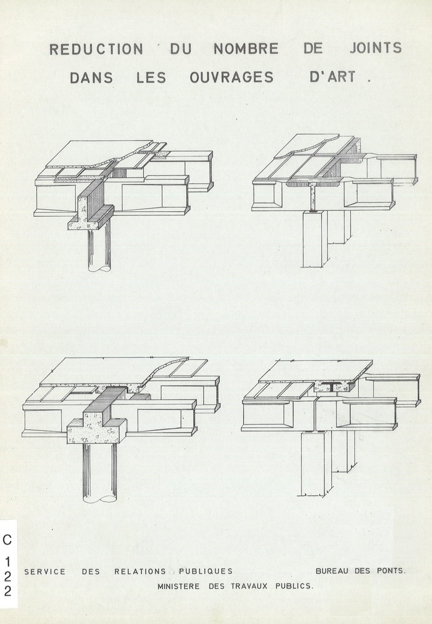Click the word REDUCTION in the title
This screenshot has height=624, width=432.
(96, 49)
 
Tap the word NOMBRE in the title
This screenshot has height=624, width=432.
(246, 49)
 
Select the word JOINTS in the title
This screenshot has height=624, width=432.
(376, 47)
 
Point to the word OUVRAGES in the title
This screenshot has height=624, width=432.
(232, 77)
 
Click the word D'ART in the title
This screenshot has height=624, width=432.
(333, 76)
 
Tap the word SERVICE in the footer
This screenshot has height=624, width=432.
(45, 572)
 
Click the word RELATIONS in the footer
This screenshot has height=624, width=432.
(140, 572)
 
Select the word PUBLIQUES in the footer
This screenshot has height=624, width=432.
(206, 572)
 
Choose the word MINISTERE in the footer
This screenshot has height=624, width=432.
(179, 587)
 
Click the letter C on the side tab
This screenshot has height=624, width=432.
(8, 540)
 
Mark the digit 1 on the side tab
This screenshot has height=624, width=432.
(8, 562)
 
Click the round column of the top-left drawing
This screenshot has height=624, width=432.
(99, 250)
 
